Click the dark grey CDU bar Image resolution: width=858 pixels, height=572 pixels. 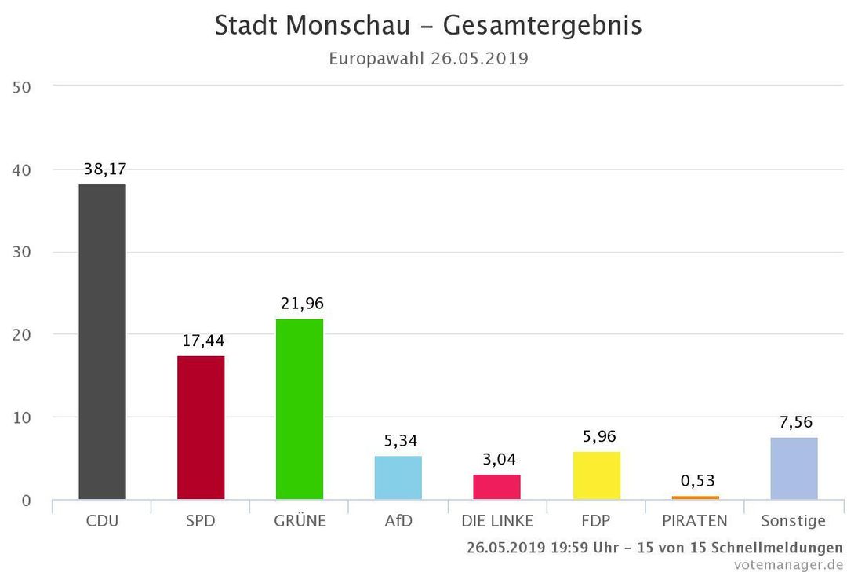pyautogui.click(x=102, y=342)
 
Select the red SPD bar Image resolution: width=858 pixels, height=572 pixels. pyautogui.click(x=201, y=428)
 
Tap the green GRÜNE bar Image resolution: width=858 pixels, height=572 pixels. pyautogui.click(x=300, y=409)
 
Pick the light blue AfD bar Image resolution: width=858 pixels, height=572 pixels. pyautogui.click(x=398, y=478)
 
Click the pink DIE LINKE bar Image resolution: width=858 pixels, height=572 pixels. pyautogui.click(x=496, y=487)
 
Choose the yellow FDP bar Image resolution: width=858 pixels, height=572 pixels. pyautogui.click(x=596, y=475)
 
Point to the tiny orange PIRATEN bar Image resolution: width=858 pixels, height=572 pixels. pyautogui.click(x=695, y=497)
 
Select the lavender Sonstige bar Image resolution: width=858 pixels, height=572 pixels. pyautogui.click(x=794, y=468)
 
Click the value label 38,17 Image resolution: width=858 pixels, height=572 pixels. pyautogui.click(x=105, y=169)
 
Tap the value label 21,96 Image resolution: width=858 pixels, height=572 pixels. pyautogui.click(x=302, y=303)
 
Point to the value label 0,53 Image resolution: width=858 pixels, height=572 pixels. pyautogui.click(x=697, y=480)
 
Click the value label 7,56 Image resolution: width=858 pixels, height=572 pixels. pyautogui.click(x=796, y=422)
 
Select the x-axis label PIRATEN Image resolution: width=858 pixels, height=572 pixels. pyautogui.click(x=695, y=521)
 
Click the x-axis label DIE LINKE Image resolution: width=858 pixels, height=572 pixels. pyautogui.click(x=496, y=521)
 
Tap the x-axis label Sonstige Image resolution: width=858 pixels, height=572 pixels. pyautogui.click(x=793, y=521)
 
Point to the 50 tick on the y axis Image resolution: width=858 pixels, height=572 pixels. pyautogui.click(x=22, y=87)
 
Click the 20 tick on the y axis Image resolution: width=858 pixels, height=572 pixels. pyautogui.click(x=22, y=335)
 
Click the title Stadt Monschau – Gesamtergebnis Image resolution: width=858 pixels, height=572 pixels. pyautogui.click(x=428, y=25)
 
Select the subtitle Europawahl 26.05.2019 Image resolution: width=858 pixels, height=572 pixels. pyautogui.click(x=428, y=59)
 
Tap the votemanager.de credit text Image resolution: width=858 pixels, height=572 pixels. pyautogui.click(x=788, y=563)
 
